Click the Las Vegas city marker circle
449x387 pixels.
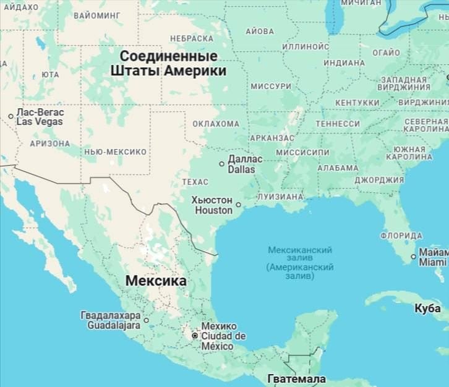(11, 116)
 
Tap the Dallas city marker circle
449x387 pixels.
(222, 164)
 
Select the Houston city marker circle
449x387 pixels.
(238, 205)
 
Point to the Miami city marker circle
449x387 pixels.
(414, 257)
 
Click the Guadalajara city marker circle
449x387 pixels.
(147, 320)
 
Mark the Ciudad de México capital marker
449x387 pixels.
(195, 336)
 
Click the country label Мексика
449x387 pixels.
(156, 281)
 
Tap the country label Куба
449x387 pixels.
(428, 308)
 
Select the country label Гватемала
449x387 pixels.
(296, 378)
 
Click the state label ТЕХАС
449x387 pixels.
(195, 182)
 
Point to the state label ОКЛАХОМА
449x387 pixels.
(215, 124)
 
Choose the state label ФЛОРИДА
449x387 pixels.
(401, 236)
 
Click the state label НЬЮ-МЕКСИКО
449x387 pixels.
(115, 151)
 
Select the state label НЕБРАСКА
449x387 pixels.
(192, 38)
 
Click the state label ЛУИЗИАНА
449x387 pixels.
(280, 197)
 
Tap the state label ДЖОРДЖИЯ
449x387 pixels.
(379, 180)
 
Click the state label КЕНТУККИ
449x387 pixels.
(357, 102)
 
